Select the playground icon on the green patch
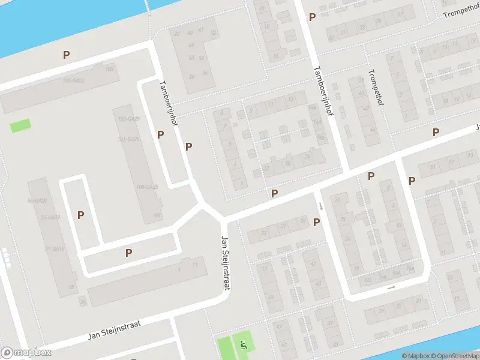243,344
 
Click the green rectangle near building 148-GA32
20,126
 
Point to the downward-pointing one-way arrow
321,206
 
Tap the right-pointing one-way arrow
391,288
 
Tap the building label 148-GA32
73,80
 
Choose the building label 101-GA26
128,139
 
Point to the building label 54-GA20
37,200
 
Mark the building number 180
109,70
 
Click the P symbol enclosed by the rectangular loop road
80,215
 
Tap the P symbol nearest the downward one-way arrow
316,222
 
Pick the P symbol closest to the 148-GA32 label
67,55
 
